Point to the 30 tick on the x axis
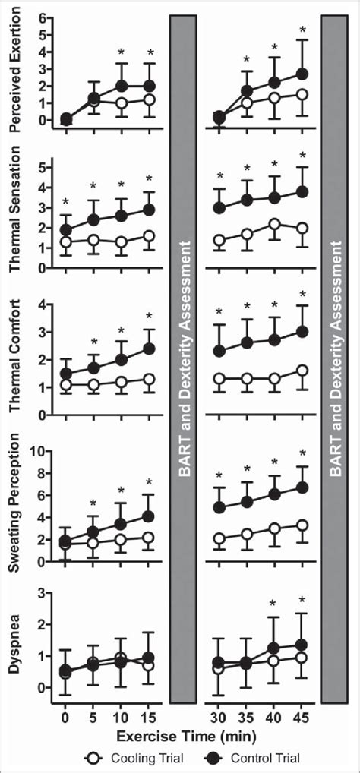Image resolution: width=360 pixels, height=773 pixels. point(219,717)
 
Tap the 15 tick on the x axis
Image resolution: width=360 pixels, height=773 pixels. point(150,717)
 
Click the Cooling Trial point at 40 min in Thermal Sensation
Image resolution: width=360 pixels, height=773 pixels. point(275,224)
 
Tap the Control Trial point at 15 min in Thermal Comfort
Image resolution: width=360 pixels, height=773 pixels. point(150,349)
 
